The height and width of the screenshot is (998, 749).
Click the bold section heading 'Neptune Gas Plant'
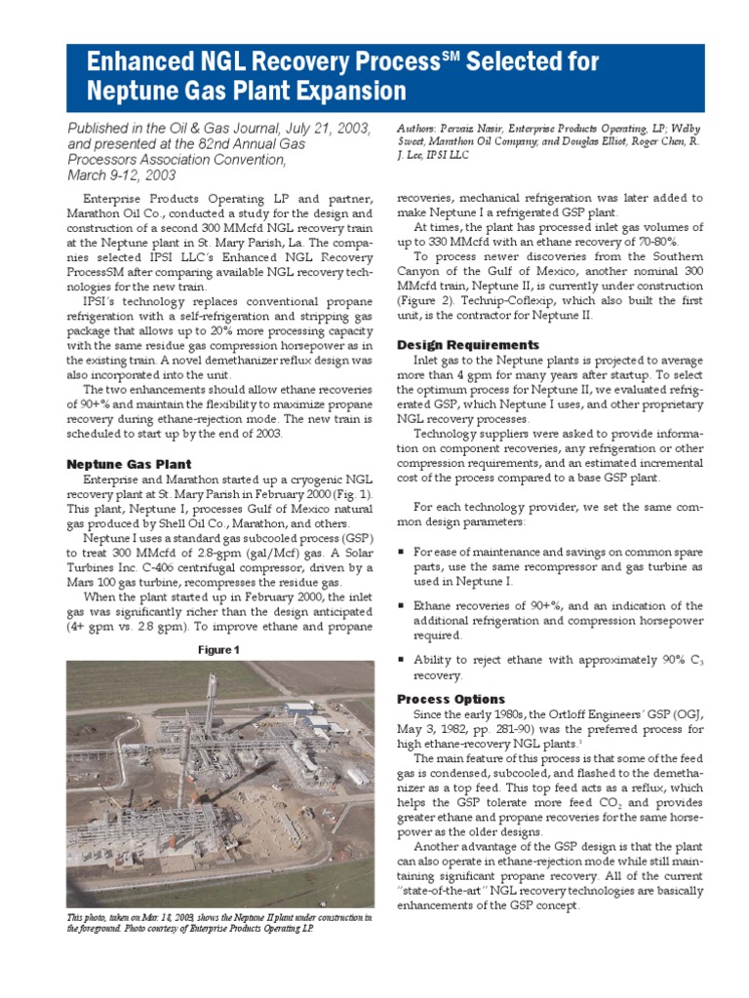[129, 464]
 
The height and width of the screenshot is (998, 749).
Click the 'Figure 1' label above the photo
[219, 649]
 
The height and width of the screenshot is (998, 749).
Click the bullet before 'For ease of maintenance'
[402, 552]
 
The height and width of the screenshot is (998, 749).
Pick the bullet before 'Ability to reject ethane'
[402, 660]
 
